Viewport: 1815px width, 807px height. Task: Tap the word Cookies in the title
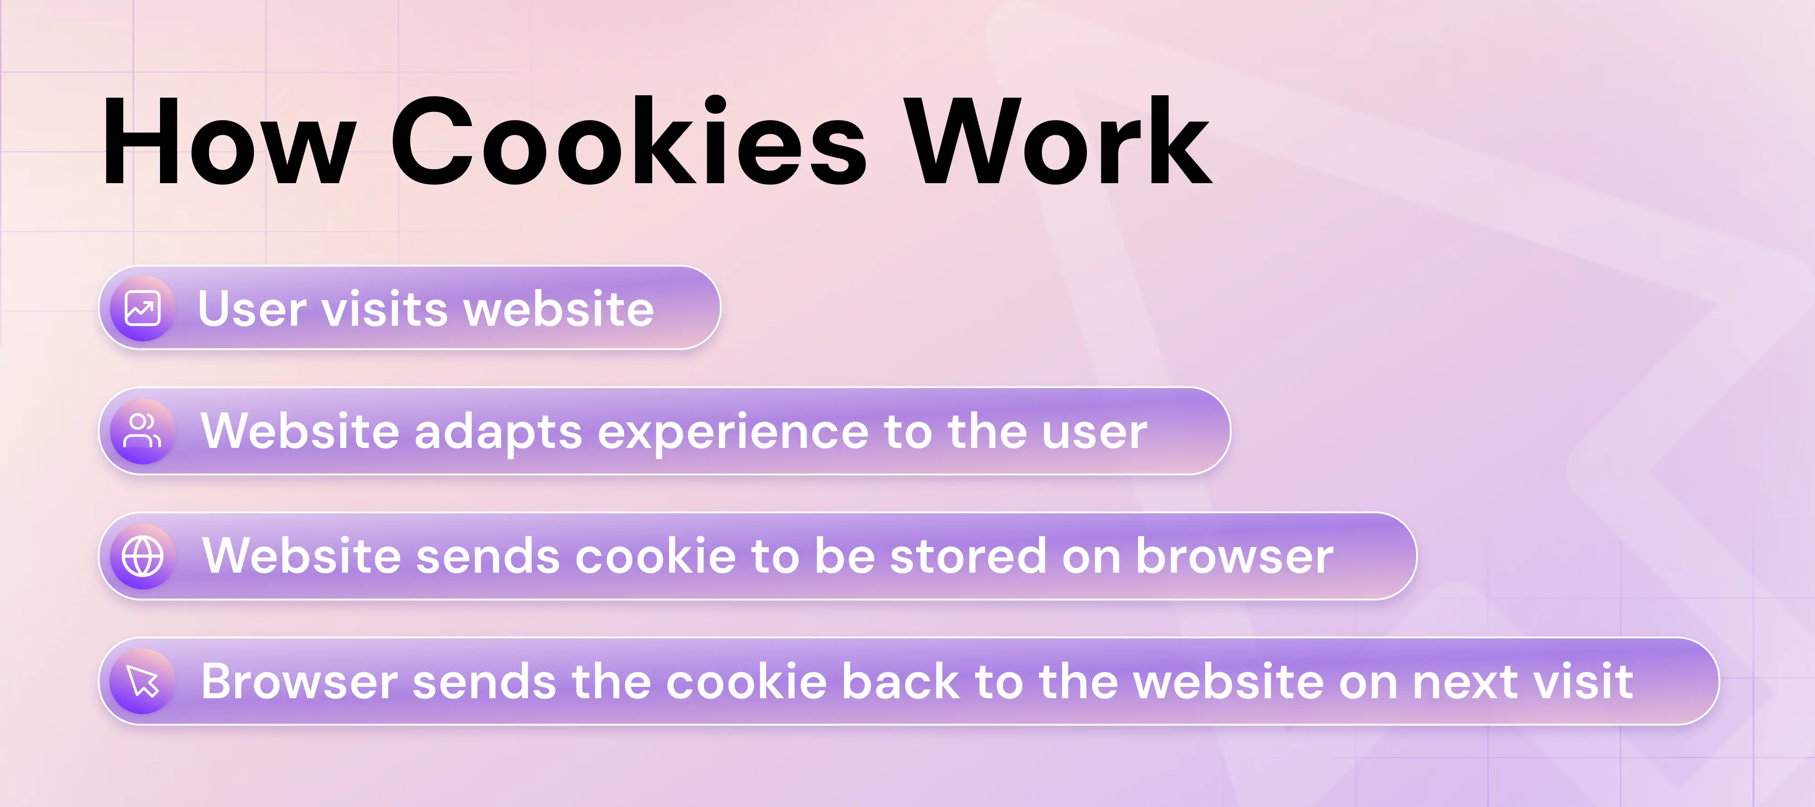pos(628,143)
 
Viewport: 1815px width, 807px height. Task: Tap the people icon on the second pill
pos(142,431)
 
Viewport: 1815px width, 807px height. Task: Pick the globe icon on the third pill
pos(142,556)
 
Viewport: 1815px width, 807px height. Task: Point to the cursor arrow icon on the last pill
pos(142,681)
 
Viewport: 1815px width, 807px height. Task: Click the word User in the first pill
pos(252,309)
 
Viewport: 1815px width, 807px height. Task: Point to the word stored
pos(968,556)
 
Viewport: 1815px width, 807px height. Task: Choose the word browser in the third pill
pos(1234,556)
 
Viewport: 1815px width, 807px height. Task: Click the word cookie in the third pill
pos(655,556)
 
